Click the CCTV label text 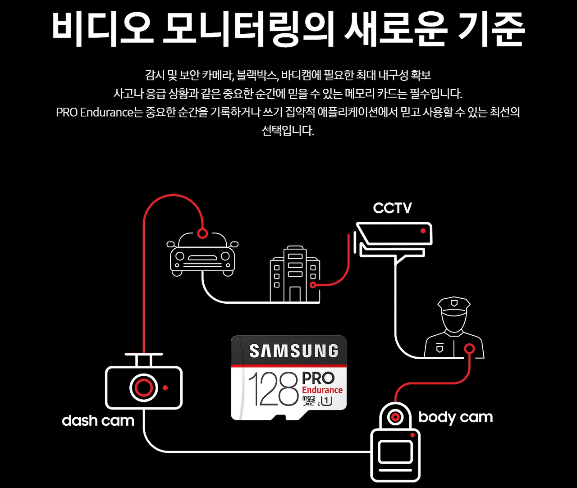point(392,208)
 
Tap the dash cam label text point(98,421)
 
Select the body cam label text point(455,418)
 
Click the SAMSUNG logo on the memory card point(293,351)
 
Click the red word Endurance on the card point(322,390)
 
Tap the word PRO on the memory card point(318,378)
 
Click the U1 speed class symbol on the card point(327,400)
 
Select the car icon point(202,255)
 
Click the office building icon point(295,275)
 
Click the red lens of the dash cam point(143,387)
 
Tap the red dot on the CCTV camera point(423,231)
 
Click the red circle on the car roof point(202,233)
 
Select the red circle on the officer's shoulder point(469,348)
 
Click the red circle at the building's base point(313,285)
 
